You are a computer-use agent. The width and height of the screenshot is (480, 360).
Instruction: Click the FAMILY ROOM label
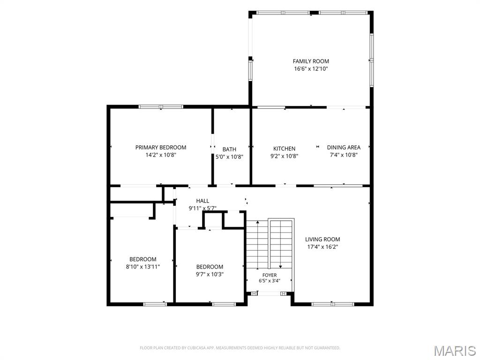[311, 61]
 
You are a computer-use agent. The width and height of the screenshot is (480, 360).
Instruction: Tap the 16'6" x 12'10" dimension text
[311, 69]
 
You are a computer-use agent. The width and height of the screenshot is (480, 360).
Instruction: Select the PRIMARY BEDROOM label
[161, 147]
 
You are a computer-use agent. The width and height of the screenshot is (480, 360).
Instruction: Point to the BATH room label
[229, 150]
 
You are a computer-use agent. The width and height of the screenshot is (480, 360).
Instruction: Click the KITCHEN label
[284, 149]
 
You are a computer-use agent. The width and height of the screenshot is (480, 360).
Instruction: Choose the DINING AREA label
[344, 147]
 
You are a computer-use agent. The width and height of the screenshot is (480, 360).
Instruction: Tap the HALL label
[202, 201]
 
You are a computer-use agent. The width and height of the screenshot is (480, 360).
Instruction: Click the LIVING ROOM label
[322, 240]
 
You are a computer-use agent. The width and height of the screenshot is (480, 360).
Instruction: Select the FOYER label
[270, 275]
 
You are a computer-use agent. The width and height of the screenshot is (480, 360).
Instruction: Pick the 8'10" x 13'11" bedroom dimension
[142, 267]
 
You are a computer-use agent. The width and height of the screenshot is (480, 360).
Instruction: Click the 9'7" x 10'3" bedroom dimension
[210, 274]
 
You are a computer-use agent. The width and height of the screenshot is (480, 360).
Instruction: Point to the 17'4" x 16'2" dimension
[322, 247]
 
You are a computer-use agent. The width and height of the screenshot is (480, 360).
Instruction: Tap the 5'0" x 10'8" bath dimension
[229, 157]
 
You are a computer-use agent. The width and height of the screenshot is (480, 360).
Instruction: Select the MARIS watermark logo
[455, 351]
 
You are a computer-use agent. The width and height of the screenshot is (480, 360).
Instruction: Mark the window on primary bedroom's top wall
[161, 107]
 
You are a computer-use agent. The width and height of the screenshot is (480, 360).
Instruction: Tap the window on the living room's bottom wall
[333, 304]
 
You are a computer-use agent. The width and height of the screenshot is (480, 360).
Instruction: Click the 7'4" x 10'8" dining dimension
[344, 155]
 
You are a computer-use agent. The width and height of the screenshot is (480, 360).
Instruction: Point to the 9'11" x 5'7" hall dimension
[202, 209]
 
